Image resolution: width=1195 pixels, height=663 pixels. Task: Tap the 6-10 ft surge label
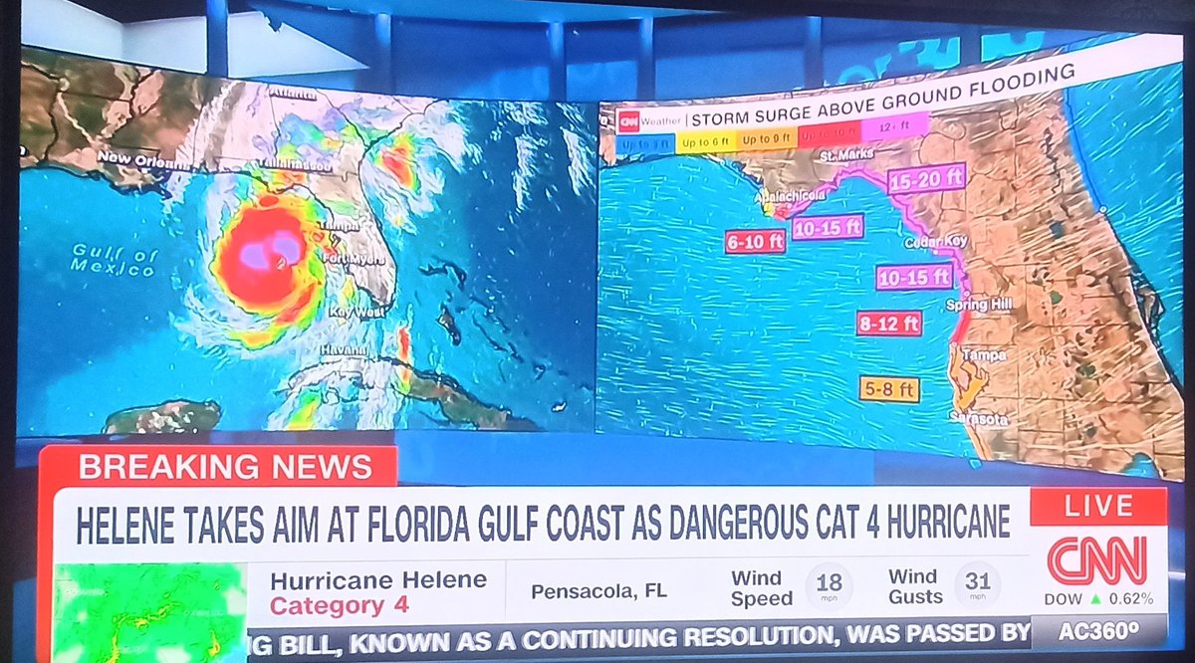coord(755,241)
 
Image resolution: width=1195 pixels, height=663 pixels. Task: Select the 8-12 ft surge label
coord(888,323)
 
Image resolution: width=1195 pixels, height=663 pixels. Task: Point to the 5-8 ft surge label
coord(889,389)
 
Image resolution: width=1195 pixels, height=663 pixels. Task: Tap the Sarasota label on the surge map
coord(979,419)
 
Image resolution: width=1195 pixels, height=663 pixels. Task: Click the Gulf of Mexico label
coord(115,261)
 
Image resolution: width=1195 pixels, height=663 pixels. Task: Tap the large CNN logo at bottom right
coord(1096,559)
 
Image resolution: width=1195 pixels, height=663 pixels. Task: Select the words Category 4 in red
coord(328,605)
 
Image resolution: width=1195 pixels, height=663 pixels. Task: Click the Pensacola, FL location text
coord(598,591)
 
